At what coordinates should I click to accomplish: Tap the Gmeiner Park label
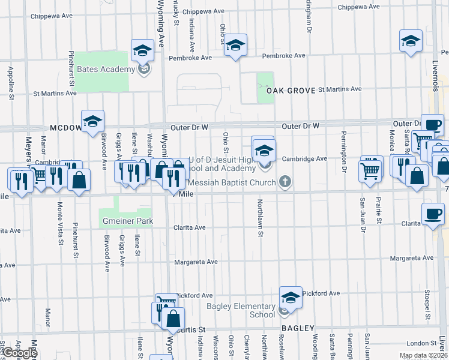point(126,221)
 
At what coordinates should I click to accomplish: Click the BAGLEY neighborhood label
point(298,328)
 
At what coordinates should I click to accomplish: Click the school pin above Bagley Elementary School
point(291,298)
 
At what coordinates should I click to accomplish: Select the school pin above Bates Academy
point(142,50)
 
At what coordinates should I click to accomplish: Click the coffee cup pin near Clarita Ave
point(433,214)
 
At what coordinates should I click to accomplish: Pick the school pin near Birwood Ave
point(93,122)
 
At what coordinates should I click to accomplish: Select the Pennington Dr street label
point(345,151)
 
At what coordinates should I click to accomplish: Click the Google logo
point(19,353)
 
